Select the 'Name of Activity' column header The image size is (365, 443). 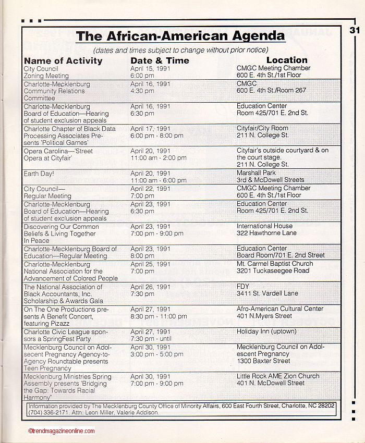tap(63, 60)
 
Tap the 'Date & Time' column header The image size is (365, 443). tap(160, 60)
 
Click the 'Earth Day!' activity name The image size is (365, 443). tap(39, 174)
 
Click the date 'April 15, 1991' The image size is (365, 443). tap(150, 68)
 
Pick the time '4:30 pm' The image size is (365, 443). tap(142, 91)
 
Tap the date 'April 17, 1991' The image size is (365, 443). tap(150, 129)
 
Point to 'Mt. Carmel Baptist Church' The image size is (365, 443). tap(275, 264)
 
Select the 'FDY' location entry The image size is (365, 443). tap(243, 286)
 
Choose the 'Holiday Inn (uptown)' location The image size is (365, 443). tap(266, 331)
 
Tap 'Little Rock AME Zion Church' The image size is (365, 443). tap(278, 376)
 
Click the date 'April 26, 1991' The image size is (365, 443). tap(150, 287)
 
